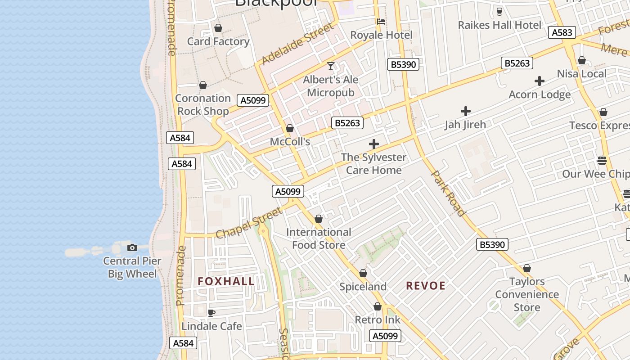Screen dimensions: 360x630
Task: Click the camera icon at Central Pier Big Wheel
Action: click(x=132, y=247)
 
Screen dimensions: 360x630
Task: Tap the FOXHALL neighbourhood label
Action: click(x=226, y=282)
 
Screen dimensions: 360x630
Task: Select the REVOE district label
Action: click(x=426, y=286)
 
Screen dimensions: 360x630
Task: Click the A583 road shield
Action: click(x=562, y=32)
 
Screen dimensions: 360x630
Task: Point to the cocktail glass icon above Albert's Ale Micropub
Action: click(x=331, y=67)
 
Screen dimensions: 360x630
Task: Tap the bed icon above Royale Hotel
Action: click(x=381, y=21)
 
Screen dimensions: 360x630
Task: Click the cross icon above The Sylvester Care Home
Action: click(x=373, y=144)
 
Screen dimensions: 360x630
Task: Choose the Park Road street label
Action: click(x=448, y=193)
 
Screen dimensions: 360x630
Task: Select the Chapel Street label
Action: click(x=249, y=223)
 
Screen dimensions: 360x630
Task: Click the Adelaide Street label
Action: click(x=298, y=43)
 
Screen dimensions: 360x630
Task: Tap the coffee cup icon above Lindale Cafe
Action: click(x=211, y=313)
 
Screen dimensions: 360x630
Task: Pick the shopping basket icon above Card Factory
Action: click(x=218, y=28)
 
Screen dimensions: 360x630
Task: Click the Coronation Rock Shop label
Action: click(x=203, y=104)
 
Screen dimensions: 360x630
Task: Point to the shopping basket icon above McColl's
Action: click(x=290, y=129)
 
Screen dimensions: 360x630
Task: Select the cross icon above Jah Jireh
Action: click(x=466, y=111)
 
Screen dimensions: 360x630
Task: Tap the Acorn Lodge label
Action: click(x=540, y=94)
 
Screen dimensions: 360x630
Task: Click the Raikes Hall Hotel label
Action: click(x=499, y=25)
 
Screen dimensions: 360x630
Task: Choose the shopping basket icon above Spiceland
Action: click(x=363, y=274)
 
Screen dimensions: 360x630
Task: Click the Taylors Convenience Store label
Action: click(x=527, y=295)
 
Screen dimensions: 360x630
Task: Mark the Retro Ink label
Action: click(x=378, y=320)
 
